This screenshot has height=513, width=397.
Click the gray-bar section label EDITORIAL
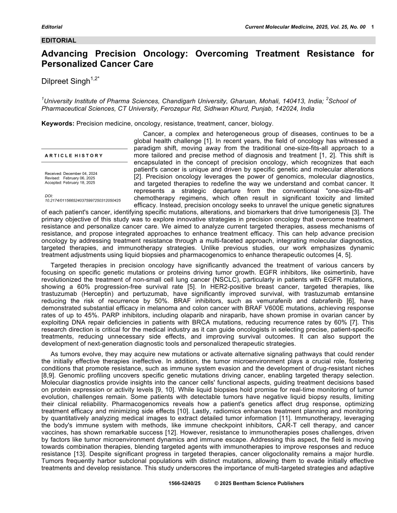59,41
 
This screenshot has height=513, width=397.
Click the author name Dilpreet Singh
66,81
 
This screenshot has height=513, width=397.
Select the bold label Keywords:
58,123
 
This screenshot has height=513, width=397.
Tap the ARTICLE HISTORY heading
73,155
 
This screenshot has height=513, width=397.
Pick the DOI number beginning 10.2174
83,200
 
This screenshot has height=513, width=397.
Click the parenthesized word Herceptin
92,294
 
